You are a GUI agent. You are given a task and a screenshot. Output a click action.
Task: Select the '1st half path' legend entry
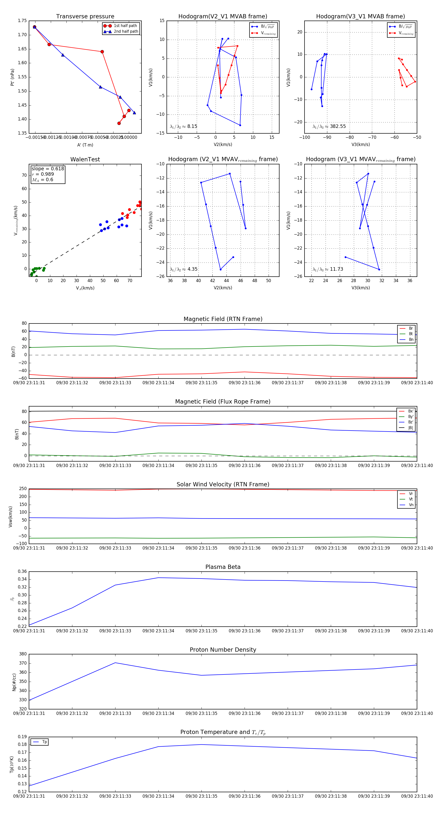point(125,26)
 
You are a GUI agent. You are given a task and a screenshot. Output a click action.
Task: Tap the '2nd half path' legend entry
point(126,31)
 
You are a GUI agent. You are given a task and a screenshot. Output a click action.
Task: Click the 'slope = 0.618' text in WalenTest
point(48,169)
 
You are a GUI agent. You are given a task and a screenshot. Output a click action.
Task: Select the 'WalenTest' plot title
point(85,159)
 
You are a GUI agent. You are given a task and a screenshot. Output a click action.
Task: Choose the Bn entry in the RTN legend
point(411,339)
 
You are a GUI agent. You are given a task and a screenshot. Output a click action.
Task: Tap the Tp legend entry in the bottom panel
point(44,742)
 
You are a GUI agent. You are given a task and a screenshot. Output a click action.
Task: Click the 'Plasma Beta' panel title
point(223,567)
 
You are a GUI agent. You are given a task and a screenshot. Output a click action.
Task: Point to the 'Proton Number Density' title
point(223,650)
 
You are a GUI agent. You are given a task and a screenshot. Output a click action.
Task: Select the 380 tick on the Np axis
point(23,654)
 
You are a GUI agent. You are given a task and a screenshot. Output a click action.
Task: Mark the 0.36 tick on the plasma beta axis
point(22,572)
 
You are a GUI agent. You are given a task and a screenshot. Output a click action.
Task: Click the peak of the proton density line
point(115,663)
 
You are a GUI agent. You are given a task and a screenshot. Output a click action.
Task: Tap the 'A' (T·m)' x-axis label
point(85,145)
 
